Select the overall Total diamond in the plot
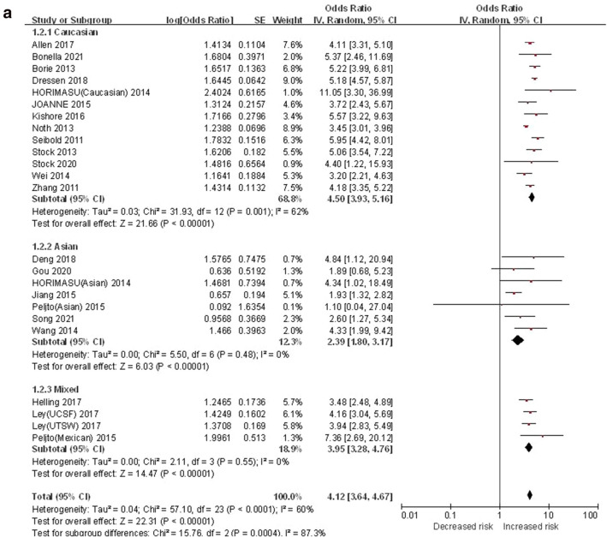pyautogui.click(x=529, y=494)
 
